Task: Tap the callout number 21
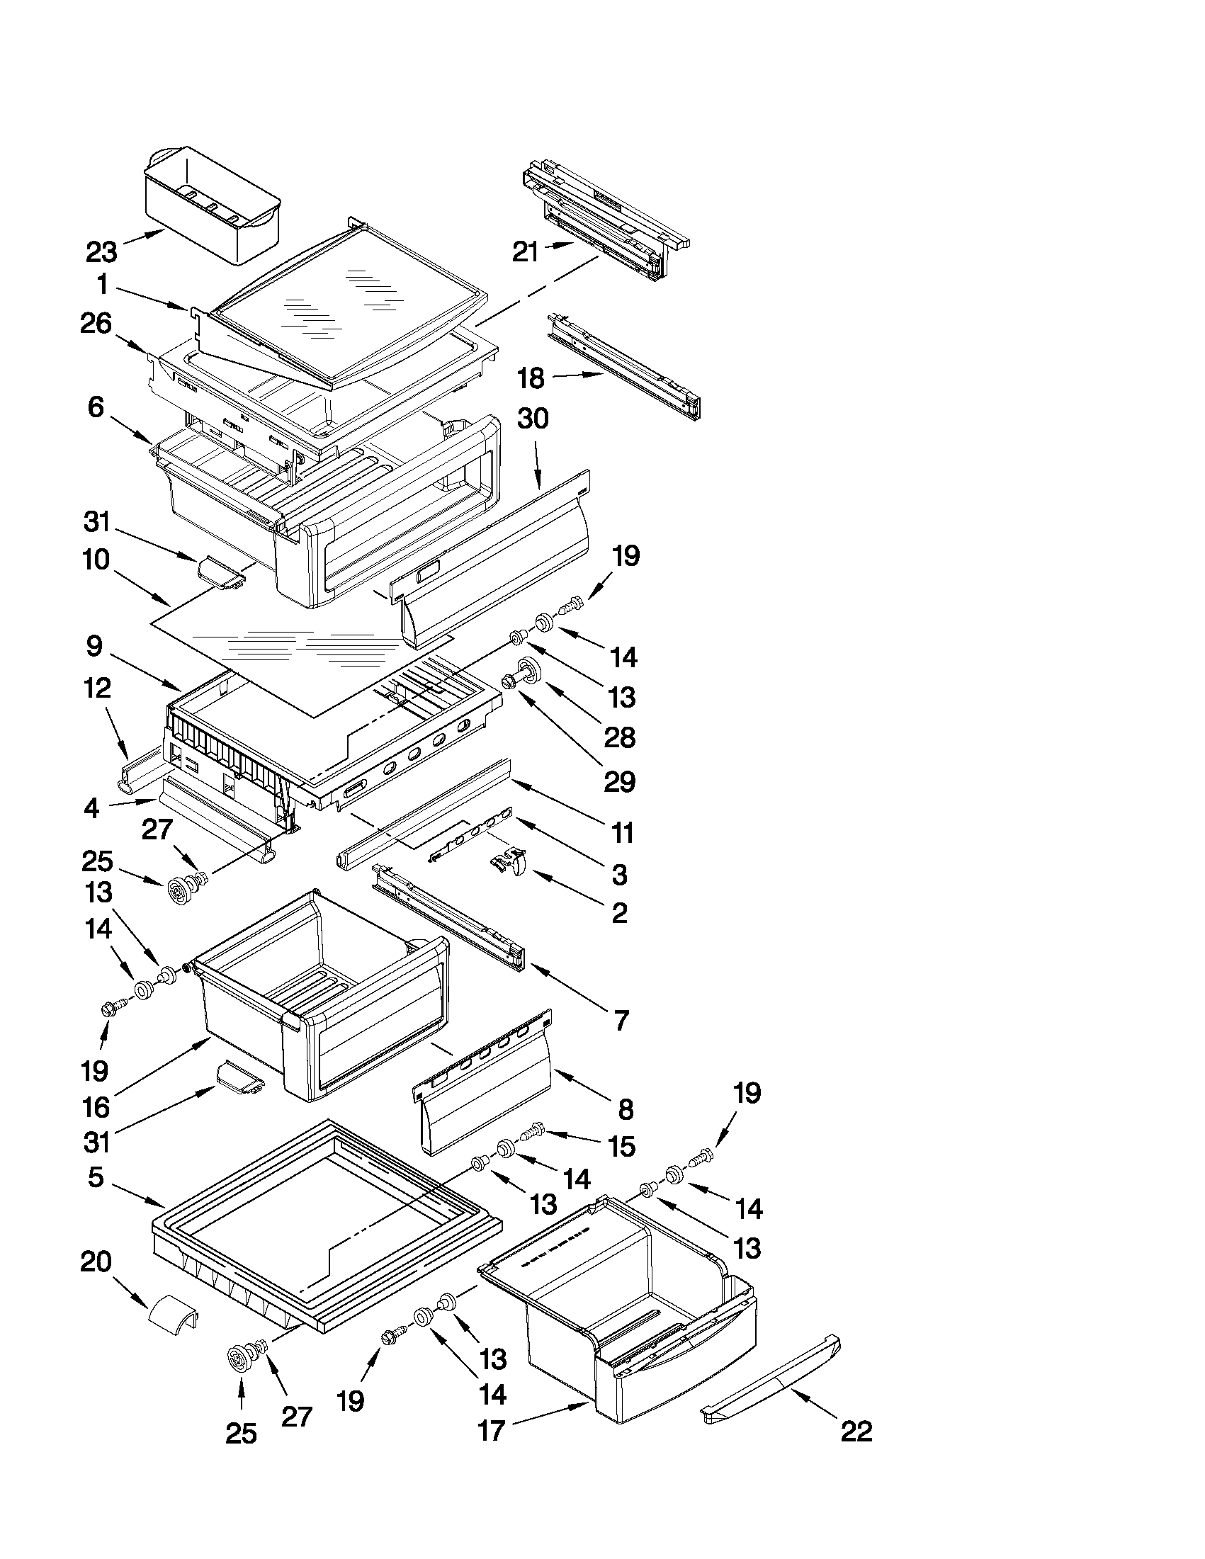(526, 251)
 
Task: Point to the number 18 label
(531, 378)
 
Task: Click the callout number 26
(96, 324)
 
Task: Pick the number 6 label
(96, 407)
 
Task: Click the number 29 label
(619, 782)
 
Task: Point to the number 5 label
(96, 1177)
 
